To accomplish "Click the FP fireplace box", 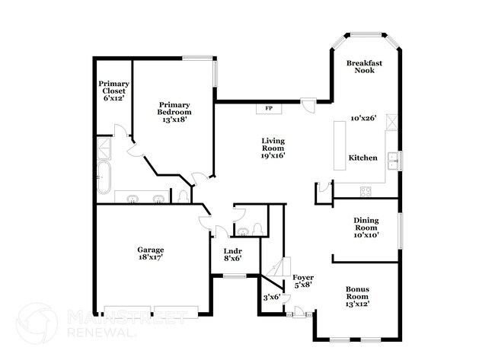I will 268,108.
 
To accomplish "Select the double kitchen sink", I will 394,160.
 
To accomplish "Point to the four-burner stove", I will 366,191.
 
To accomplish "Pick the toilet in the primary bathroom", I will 183,197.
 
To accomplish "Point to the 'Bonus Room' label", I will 357,294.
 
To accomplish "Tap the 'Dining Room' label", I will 366,225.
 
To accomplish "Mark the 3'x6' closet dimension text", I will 272,297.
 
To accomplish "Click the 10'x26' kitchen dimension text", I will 364,119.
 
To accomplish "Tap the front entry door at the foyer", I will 299,312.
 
